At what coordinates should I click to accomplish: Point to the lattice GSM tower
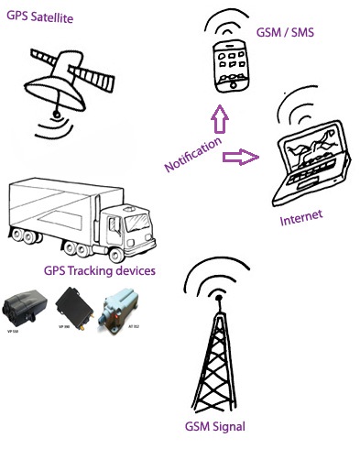tap(217, 357)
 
